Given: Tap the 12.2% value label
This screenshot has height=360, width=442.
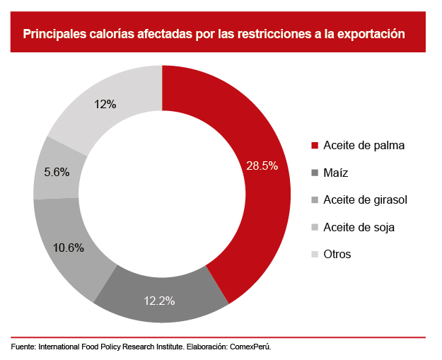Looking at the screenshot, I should tap(159, 301).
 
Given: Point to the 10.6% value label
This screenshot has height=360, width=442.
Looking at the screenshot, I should tap(68, 248).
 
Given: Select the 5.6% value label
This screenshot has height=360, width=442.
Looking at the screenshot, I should tap(57, 172).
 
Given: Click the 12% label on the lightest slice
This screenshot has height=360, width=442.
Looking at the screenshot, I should tap(105, 104).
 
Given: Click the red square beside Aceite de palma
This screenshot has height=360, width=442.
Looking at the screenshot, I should tap(314, 146).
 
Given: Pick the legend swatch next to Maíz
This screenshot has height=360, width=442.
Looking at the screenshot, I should tap(314, 173).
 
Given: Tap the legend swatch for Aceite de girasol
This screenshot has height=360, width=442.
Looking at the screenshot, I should tap(314, 200).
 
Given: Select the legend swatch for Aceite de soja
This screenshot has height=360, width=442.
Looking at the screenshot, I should tap(314, 227).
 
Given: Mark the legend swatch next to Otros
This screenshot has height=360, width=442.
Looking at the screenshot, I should tap(314, 255).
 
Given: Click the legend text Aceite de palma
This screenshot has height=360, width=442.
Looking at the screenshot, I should tap(364, 146).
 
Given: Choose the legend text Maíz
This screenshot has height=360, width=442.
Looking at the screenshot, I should tap(336, 173).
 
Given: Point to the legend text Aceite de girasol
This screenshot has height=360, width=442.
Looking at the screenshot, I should tap(365, 200).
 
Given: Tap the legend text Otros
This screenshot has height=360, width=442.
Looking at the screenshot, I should tap(337, 255).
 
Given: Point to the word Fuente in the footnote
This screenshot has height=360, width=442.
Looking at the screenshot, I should tap(23, 348).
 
